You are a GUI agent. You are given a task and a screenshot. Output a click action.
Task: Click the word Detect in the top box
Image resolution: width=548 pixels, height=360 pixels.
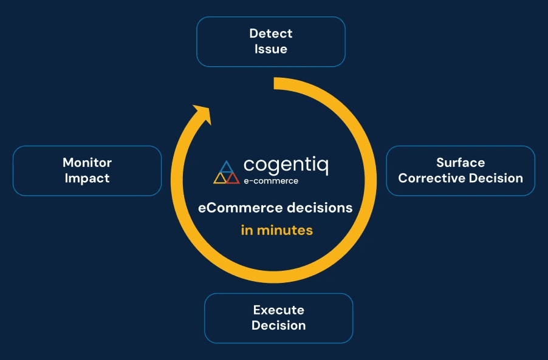[x=271, y=33]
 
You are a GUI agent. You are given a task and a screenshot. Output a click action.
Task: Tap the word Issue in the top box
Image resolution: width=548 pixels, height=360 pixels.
[x=271, y=49]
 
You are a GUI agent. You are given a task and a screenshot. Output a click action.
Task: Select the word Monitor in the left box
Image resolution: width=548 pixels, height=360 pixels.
[x=87, y=163]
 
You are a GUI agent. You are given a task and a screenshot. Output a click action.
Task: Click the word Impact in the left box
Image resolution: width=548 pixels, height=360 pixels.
[x=87, y=178]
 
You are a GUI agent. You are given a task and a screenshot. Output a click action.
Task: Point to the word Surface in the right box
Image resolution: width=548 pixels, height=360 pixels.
[x=461, y=163]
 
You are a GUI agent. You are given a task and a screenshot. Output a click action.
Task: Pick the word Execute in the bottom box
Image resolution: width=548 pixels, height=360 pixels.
[x=278, y=310]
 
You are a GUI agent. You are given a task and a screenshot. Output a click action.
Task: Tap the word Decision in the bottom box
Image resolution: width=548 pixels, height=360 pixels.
[x=278, y=326]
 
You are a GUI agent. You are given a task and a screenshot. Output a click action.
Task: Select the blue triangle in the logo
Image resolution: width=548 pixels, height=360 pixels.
[x=226, y=167]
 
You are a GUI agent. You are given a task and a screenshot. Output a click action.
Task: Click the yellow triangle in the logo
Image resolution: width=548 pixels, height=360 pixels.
[x=220, y=178]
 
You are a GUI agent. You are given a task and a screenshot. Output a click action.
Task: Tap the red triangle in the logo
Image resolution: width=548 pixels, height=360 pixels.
[x=232, y=178]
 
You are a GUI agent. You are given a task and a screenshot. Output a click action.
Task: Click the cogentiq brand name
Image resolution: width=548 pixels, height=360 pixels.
[x=286, y=166]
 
